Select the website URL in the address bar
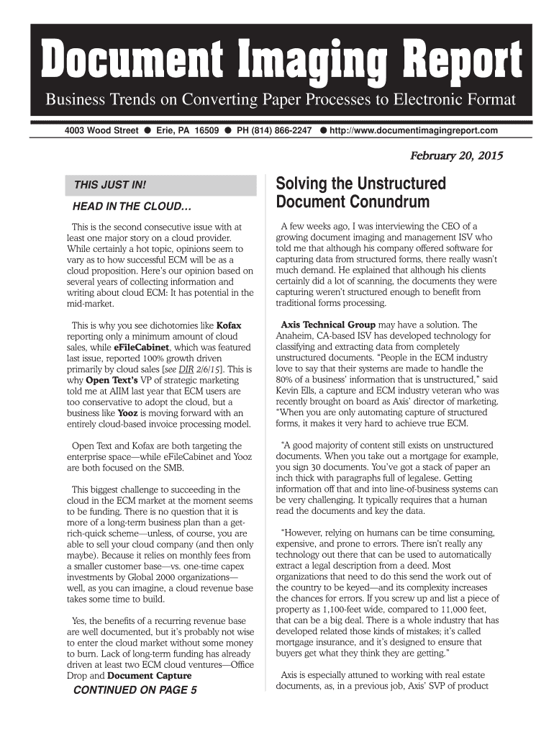click(x=414, y=130)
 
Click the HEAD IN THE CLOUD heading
click(x=127, y=208)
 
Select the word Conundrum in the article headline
click(x=389, y=202)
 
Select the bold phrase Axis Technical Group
click(x=327, y=325)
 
